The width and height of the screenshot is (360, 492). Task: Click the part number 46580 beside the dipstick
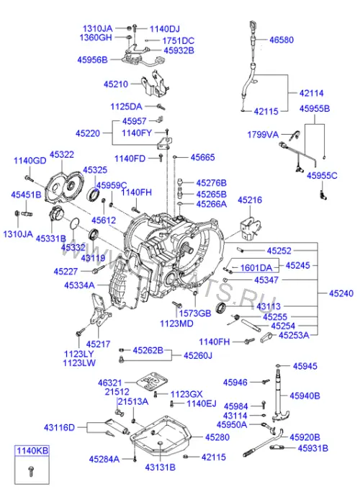click(x=282, y=40)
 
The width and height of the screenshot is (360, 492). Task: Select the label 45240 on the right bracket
click(x=341, y=293)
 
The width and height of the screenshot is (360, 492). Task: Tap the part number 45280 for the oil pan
click(x=217, y=437)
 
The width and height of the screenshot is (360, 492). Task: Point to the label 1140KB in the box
click(x=32, y=451)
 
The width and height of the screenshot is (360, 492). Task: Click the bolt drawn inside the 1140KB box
click(x=31, y=471)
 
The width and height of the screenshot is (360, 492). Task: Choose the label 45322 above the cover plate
click(x=62, y=154)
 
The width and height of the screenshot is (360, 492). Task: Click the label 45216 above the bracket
click(x=250, y=200)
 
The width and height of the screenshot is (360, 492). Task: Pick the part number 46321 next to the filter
click(x=109, y=383)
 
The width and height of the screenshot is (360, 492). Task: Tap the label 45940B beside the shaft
click(x=305, y=395)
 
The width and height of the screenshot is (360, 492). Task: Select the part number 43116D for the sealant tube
click(x=59, y=427)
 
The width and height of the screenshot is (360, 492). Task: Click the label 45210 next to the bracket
click(x=116, y=84)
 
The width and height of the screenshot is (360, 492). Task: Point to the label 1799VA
click(x=263, y=135)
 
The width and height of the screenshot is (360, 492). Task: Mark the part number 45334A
click(x=79, y=285)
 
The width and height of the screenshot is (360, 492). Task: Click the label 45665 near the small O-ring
click(x=202, y=157)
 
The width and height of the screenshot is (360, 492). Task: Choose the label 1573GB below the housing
click(x=195, y=313)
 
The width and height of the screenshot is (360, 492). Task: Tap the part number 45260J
click(x=198, y=356)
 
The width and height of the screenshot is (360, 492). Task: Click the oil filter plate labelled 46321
click(x=153, y=381)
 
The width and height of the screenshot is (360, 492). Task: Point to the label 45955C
click(x=322, y=175)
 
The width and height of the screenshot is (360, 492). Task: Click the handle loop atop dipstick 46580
click(x=253, y=26)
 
